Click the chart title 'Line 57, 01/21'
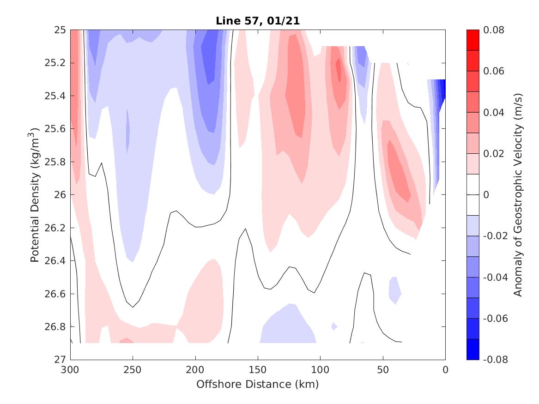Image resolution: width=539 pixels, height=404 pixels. point(258,21)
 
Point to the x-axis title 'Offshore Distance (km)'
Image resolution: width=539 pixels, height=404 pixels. point(258,384)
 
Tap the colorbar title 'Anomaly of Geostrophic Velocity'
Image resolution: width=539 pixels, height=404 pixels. point(518,194)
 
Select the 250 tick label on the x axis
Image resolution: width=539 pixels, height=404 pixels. point(133,369)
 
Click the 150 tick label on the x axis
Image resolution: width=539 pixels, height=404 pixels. point(258,369)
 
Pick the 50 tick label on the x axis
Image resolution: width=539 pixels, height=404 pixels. point(383,369)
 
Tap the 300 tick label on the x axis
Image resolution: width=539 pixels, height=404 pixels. point(70,369)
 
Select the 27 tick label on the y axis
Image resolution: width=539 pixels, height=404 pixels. point(61,359)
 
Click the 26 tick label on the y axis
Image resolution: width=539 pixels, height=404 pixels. point(61,195)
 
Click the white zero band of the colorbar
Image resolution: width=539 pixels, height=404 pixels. point(473,194)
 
